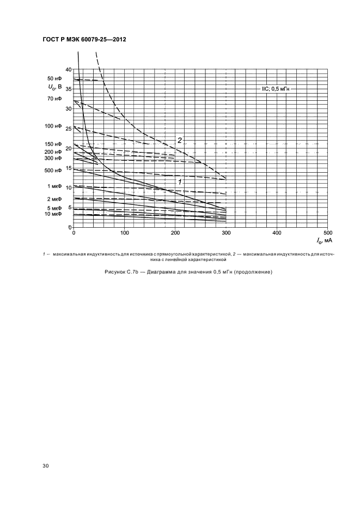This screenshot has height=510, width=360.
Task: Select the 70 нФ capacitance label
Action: (x=54, y=99)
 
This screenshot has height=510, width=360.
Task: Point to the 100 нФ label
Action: (x=53, y=126)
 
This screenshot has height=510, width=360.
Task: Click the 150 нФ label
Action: (x=53, y=144)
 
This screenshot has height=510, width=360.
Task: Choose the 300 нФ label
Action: (x=53, y=158)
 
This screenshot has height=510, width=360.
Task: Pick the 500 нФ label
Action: (x=53, y=171)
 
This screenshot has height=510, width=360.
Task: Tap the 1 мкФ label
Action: (x=55, y=187)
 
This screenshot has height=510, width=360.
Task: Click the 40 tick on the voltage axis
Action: (x=68, y=69)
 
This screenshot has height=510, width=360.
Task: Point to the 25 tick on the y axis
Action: (x=68, y=129)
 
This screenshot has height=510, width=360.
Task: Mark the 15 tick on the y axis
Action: (x=68, y=168)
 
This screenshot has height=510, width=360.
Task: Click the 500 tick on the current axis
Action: (x=326, y=233)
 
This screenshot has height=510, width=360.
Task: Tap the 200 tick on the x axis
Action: (x=175, y=233)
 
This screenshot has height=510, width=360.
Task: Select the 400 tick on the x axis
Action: (x=276, y=233)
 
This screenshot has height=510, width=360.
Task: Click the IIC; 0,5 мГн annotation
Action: (x=276, y=88)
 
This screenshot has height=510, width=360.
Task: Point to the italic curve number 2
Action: (x=179, y=141)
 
